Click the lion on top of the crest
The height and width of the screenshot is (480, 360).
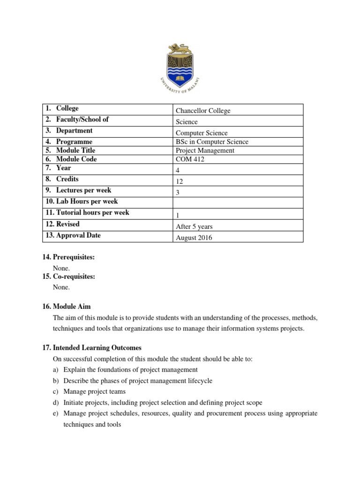(x=180, y=48)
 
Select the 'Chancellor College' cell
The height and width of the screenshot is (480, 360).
(x=202, y=111)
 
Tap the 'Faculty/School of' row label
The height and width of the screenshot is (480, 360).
(x=82, y=120)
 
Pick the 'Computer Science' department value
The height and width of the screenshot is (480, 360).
(x=201, y=133)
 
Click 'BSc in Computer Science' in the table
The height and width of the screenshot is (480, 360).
(x=212, y=142)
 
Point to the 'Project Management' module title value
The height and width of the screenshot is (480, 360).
(x=205, y=150)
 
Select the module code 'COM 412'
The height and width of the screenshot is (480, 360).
(x=190, y=159)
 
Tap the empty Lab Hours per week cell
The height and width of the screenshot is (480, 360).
(x=238, y=202)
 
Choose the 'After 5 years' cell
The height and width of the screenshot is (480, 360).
(x=194, y=226)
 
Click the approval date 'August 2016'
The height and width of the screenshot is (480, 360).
(x=194, y=238)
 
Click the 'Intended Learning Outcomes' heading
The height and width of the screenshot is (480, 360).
(x=97, y=348)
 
